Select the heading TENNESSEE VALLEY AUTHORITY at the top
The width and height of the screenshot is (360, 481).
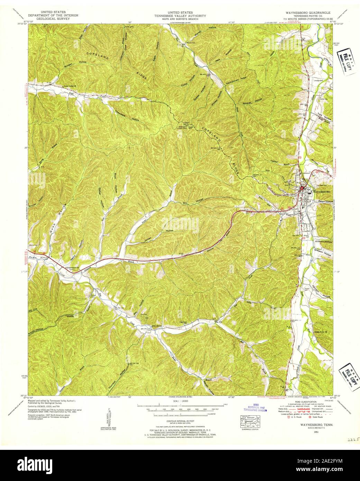180,16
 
